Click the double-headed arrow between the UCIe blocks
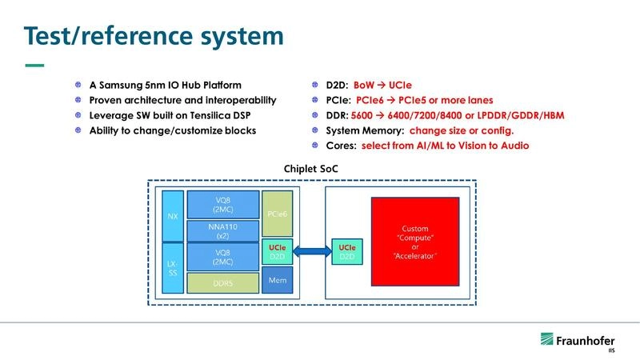coord(314,250)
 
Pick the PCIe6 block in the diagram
coord(277,214)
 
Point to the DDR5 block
coord(222,282)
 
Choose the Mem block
coord(277,281)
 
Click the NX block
coord(172,216)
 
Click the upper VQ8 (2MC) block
coord(222,205)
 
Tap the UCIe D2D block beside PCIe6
coord(277,250)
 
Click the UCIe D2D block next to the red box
coord(347,250)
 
